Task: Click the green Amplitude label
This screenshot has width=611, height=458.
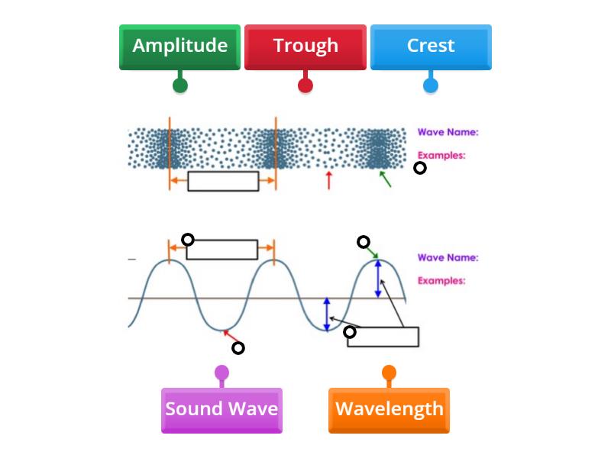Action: tap(179, 46)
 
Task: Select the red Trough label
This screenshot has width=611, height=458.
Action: tap(305, 46)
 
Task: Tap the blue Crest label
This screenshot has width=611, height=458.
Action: tap(431, 46)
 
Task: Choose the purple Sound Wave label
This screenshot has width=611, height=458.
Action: tap(221, 409)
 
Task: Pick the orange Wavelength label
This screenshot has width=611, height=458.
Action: tap(389, 409)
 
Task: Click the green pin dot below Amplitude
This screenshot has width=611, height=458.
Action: tap(179, 85)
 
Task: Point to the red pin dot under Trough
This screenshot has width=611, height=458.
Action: tap(305, 85)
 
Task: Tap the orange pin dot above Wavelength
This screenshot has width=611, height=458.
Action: tap(389, 373)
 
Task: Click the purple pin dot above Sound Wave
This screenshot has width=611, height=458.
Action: tap(221, 373)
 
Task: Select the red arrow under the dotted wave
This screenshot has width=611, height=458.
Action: tap(329, 180)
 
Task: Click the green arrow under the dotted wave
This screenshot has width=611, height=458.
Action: tap(386, 179)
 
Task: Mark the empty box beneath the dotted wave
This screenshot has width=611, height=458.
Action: tap(223, 181)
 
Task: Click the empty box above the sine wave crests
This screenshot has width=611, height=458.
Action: tap(222, 250)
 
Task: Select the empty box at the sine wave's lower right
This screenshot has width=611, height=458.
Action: tap(383, 337)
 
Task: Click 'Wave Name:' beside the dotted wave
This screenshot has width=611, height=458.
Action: tap(448, 132)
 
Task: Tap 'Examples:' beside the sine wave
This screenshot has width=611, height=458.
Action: tap(441, 280)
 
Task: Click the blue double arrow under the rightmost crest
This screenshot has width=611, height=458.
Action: tap(377, 279)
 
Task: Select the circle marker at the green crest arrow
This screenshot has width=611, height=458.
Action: tap(364, 242)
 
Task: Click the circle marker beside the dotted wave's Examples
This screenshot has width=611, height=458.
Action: tap(419, 168)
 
